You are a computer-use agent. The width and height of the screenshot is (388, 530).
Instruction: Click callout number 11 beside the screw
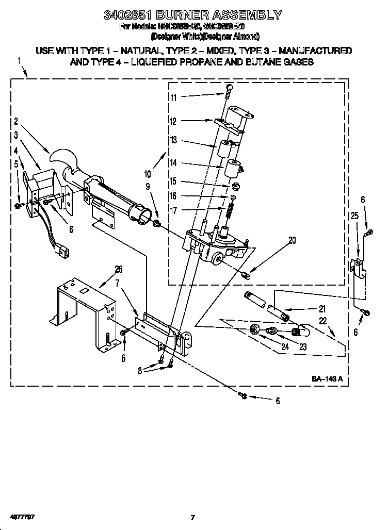click(x=174, y=97)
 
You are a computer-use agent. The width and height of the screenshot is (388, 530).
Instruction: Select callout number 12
click(x=174, y=122)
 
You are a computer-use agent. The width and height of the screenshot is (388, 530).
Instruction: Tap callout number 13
click(x=174, y=140)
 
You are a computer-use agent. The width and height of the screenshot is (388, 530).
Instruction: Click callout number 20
click(x=293, y=240)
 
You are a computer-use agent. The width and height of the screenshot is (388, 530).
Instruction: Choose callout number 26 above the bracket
click(x=118, y=269)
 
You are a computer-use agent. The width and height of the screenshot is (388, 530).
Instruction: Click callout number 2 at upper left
click(x=16, y=122)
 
